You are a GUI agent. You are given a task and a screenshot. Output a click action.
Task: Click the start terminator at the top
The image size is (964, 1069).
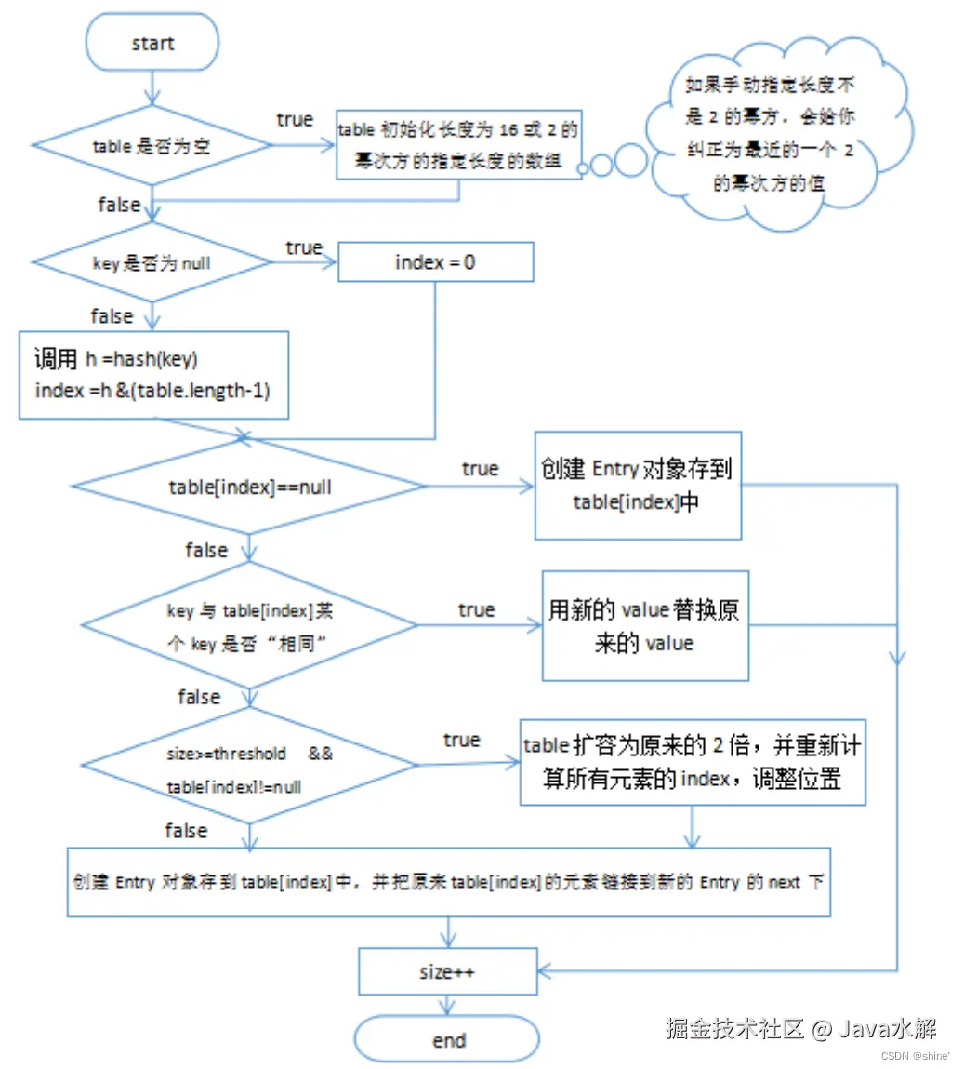tap(152, 44)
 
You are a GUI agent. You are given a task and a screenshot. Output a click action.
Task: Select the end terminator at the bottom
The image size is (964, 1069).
tap(447, 1040)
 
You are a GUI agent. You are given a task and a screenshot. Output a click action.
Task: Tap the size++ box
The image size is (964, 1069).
tap(447, 972)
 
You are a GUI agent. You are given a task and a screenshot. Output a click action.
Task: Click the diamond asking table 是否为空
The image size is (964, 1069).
tap(152, 146)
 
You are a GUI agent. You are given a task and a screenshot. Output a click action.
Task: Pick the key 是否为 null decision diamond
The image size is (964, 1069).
tap(152, 262)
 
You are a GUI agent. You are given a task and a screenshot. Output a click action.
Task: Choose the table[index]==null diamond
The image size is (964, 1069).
tap(249, 487)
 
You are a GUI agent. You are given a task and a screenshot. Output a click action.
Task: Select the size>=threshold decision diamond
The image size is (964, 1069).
tap(249, 768)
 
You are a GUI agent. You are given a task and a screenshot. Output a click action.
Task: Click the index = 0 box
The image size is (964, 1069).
tap(435, 262)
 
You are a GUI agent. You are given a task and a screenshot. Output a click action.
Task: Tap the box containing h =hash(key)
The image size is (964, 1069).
tap(153, 375)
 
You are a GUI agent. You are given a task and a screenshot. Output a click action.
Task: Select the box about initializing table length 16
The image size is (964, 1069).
tap(458, 145)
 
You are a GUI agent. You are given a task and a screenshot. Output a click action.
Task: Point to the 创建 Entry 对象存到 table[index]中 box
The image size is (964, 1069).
tap(638, 485)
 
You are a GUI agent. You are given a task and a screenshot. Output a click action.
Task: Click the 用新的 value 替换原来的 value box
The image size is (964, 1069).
tap(645, 626)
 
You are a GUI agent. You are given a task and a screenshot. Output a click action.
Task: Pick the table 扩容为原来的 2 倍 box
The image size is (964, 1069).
tap(693, 762)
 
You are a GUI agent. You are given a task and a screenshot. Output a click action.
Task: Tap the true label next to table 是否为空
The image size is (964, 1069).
tap(295, 120)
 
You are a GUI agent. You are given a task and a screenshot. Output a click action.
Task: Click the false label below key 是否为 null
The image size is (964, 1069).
tap(112, 316)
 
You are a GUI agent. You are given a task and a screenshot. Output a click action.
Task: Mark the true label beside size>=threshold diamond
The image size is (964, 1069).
tap(462, 741)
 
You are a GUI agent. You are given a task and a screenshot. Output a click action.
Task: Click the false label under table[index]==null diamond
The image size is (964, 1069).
tap(206, 550)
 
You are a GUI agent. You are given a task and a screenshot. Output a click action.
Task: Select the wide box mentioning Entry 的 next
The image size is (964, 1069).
tap(448, 882)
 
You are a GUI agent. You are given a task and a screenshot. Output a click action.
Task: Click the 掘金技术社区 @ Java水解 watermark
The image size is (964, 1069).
tap(800, 1028)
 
